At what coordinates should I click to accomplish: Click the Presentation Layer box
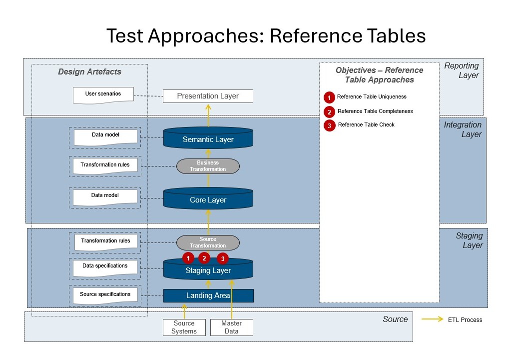point(208,96)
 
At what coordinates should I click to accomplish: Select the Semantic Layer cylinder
point(208,139)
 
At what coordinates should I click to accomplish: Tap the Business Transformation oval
point(208,166)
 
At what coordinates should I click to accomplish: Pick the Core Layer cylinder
point(208,199)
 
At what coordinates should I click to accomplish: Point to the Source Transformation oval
point(208,242)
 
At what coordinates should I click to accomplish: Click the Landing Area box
point(208,295)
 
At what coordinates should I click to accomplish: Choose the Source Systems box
point(184,327)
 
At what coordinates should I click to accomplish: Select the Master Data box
point(231,327)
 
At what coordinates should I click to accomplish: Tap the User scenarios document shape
point(103,94)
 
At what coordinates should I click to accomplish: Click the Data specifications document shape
point(105,267)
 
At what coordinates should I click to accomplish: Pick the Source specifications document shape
point(105,295)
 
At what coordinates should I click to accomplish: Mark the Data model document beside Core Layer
point(105,196)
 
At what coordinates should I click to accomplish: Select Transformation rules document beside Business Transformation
point(105,166)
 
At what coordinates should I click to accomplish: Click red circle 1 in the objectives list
point(329,97)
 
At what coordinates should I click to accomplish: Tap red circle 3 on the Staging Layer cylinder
point(222,258)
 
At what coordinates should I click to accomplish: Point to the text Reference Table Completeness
point(375,111)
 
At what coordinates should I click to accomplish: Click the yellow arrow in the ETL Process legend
point(432,319)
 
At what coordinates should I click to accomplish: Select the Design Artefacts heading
point(89,71)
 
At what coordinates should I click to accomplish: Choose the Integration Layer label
point(463,129)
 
